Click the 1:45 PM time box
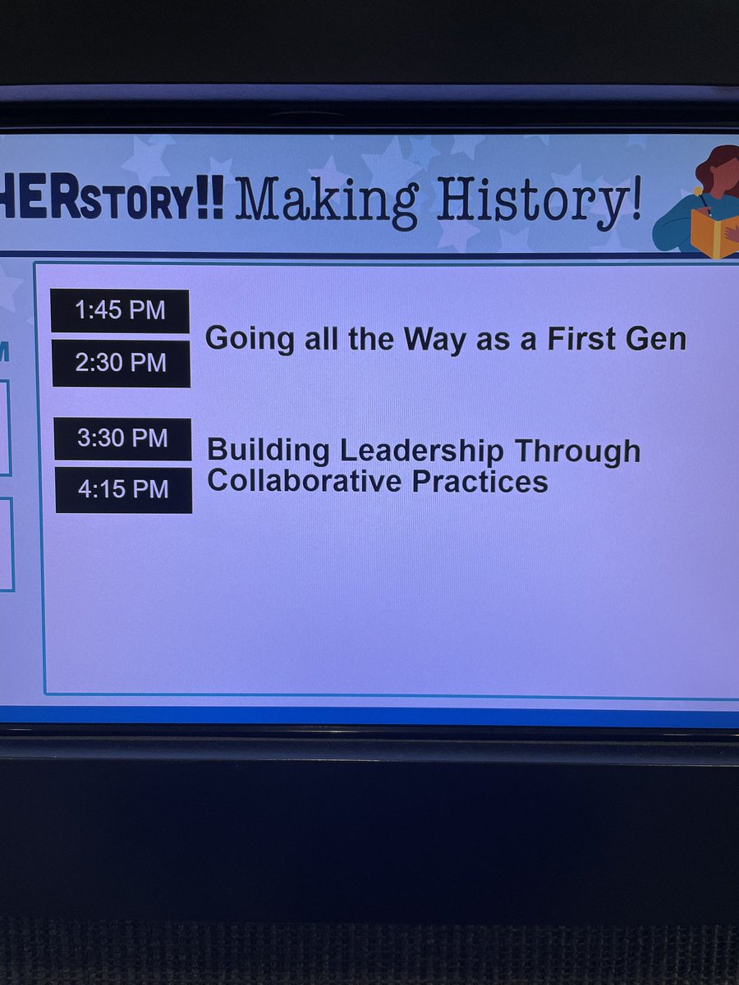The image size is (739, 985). pos(120,311)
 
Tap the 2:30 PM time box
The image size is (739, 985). pos(121,363)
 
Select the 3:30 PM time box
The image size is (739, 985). pos(122,438)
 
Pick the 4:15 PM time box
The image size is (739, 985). pos(123,490)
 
